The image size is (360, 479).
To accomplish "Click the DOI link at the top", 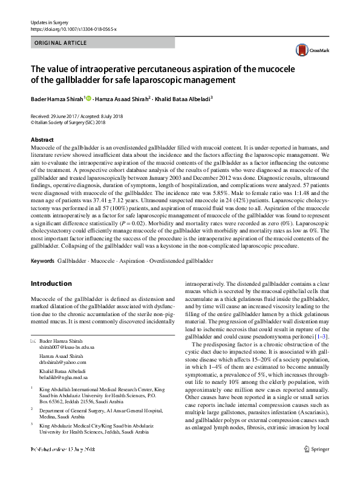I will point(73,29).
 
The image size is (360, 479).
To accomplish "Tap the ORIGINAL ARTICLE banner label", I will point(59,44).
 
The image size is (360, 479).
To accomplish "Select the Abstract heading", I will point(42,140).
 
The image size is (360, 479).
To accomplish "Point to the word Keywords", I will point(42,261).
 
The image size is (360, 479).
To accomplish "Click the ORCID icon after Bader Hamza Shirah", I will point(89,99).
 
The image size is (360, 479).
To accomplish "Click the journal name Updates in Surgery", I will point(49,22).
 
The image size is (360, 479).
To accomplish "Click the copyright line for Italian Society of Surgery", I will point(73,122).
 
